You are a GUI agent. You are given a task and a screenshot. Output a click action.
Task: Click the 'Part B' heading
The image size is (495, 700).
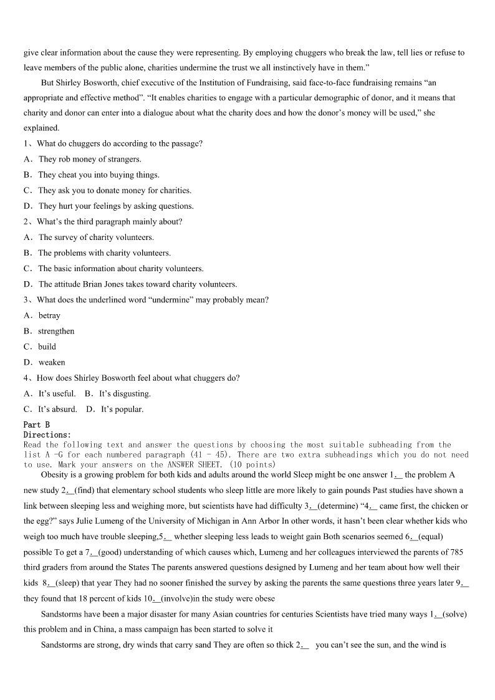point(36,424)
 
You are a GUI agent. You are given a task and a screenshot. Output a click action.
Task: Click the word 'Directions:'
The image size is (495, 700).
point(47,434)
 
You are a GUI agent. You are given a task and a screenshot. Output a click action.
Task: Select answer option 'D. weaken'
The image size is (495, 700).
point(44,362)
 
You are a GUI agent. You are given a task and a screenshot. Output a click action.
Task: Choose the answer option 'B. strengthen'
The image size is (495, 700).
point(49,331)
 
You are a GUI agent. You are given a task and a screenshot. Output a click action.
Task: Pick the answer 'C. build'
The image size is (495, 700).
point(40,347)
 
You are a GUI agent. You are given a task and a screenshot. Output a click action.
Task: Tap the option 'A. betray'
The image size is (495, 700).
point(42,315)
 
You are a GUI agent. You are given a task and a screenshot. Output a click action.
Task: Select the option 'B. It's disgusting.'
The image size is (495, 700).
point(118,393)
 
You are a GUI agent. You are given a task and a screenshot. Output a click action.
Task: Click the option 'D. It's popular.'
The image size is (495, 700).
point(115,410)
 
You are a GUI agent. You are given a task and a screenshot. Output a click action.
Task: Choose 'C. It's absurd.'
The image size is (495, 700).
point(50,410)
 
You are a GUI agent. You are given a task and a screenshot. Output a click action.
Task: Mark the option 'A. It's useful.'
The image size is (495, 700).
point(49,393)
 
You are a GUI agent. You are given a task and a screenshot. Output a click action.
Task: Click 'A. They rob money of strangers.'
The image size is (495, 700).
point(82,159)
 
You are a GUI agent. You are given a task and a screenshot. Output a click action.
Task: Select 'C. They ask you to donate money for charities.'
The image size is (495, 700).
point(107,190)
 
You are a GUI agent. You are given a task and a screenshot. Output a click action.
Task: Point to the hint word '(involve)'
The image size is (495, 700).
point(182,598)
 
